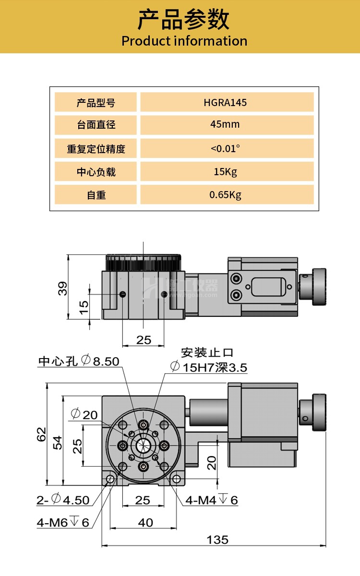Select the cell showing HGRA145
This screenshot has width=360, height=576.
tap(225, 102)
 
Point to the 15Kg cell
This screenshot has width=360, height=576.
tap(225, 171)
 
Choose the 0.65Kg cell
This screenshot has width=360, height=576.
tap(225, 195)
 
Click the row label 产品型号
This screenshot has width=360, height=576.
tap(96, 102)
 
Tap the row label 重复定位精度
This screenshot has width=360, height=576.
tap(96, 149)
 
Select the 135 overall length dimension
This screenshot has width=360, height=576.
tap(217, 540)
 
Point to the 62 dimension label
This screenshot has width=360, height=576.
tap(42, 434)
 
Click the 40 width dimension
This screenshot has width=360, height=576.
tap(145, 522)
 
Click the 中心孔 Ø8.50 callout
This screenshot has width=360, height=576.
tap(79, 361)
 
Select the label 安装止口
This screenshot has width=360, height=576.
tap(207, 353)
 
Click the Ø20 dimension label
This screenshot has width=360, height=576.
tap(84, 414)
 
